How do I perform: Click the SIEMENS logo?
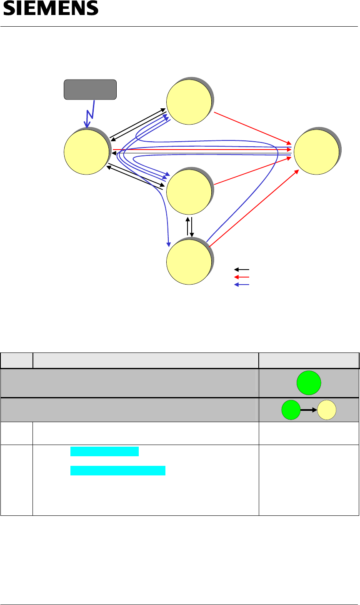[51, 9]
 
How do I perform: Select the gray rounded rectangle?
[90, 90]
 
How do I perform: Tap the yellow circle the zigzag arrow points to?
[86, 151]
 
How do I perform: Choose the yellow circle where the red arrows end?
[316, 151]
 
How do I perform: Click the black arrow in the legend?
[242, 270]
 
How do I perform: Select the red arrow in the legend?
[242, 277]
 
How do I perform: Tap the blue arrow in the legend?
[242, 285]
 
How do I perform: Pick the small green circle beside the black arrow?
[290, 410]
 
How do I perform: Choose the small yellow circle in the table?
[327, 410]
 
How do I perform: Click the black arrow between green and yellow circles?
[309, 410]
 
